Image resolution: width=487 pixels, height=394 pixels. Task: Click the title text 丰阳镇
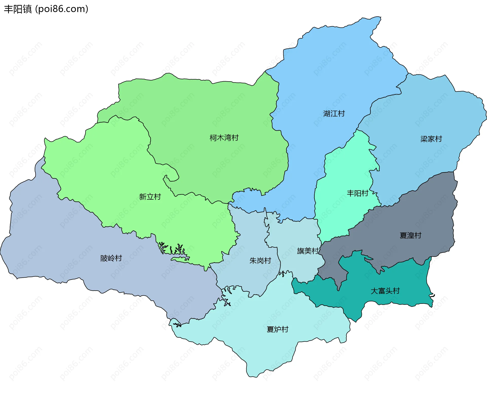18,9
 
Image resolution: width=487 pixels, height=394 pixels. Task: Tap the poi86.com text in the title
62,9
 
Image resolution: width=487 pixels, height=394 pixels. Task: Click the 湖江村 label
334,114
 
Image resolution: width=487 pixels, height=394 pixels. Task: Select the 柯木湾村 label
224,138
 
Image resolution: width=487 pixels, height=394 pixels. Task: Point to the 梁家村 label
431,139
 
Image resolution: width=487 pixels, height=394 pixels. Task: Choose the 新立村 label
150,197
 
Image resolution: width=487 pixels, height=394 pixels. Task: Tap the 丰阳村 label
357,193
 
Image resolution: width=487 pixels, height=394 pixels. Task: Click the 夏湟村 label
410,235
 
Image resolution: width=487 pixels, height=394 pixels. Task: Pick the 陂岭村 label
111,258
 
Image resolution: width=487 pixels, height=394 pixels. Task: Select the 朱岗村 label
260,261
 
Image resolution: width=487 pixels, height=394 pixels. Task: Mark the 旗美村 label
307,251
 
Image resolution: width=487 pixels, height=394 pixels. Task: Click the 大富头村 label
385,291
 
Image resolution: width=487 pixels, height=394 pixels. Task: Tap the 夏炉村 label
277,329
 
